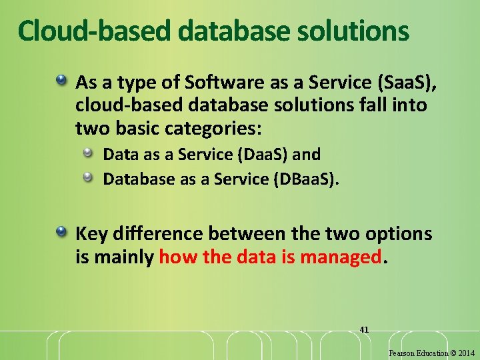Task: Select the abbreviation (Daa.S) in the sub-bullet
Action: coord(263,155)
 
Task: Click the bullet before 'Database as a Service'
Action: coord(88,177)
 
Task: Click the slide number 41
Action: coord(364,329)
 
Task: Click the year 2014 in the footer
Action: coord(466,353)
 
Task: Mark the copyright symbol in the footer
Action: coord(452,353)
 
